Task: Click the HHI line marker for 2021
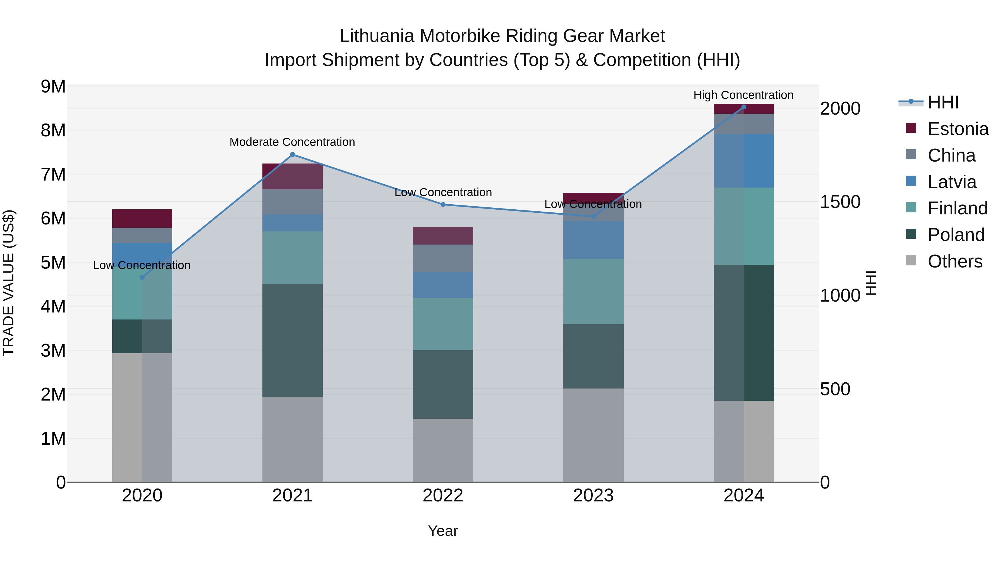click(x=293, y=155)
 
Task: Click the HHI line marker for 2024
click(x=744, y=107)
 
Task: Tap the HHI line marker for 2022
click(x=443, y=204)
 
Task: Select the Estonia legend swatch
click(x=911, y=128)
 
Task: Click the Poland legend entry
click(x=956, y=235)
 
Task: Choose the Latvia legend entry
click(x=952, y=182)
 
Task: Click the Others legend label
click(x=955, y=261)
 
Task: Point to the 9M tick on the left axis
click(x=53, y=86)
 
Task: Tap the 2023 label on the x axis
click(x=593, y=496)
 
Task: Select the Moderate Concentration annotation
click(x=292, y=142)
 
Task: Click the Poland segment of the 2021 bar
click(x=293, y=340)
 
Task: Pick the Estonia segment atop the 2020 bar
click(x=142, y=218)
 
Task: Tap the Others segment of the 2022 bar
click(x=443, y=450)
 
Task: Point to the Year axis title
click(x=443, y=531)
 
